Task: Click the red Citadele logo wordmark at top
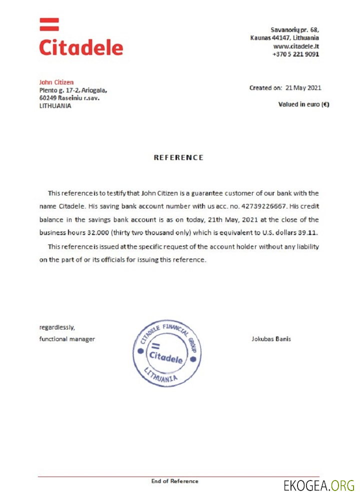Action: click(81, 47)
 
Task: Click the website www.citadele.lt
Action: click(295, 46)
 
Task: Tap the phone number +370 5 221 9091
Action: click(295, 54)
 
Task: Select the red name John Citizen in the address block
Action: click(56, 82)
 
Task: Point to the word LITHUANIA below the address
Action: click(55, 106)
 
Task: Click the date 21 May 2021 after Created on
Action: click(303, 88)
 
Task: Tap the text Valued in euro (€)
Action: click(303, 104)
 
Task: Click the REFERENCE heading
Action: click(178, 157)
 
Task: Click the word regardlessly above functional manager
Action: click(57, 328)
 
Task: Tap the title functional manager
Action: click(67, 339)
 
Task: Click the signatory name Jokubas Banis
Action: click(271, 339)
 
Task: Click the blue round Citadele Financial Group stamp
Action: click(167, 353)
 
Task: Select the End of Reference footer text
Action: click(174, 481)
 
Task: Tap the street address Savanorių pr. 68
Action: click(294, 30)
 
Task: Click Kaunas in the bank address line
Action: click(260, 38)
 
